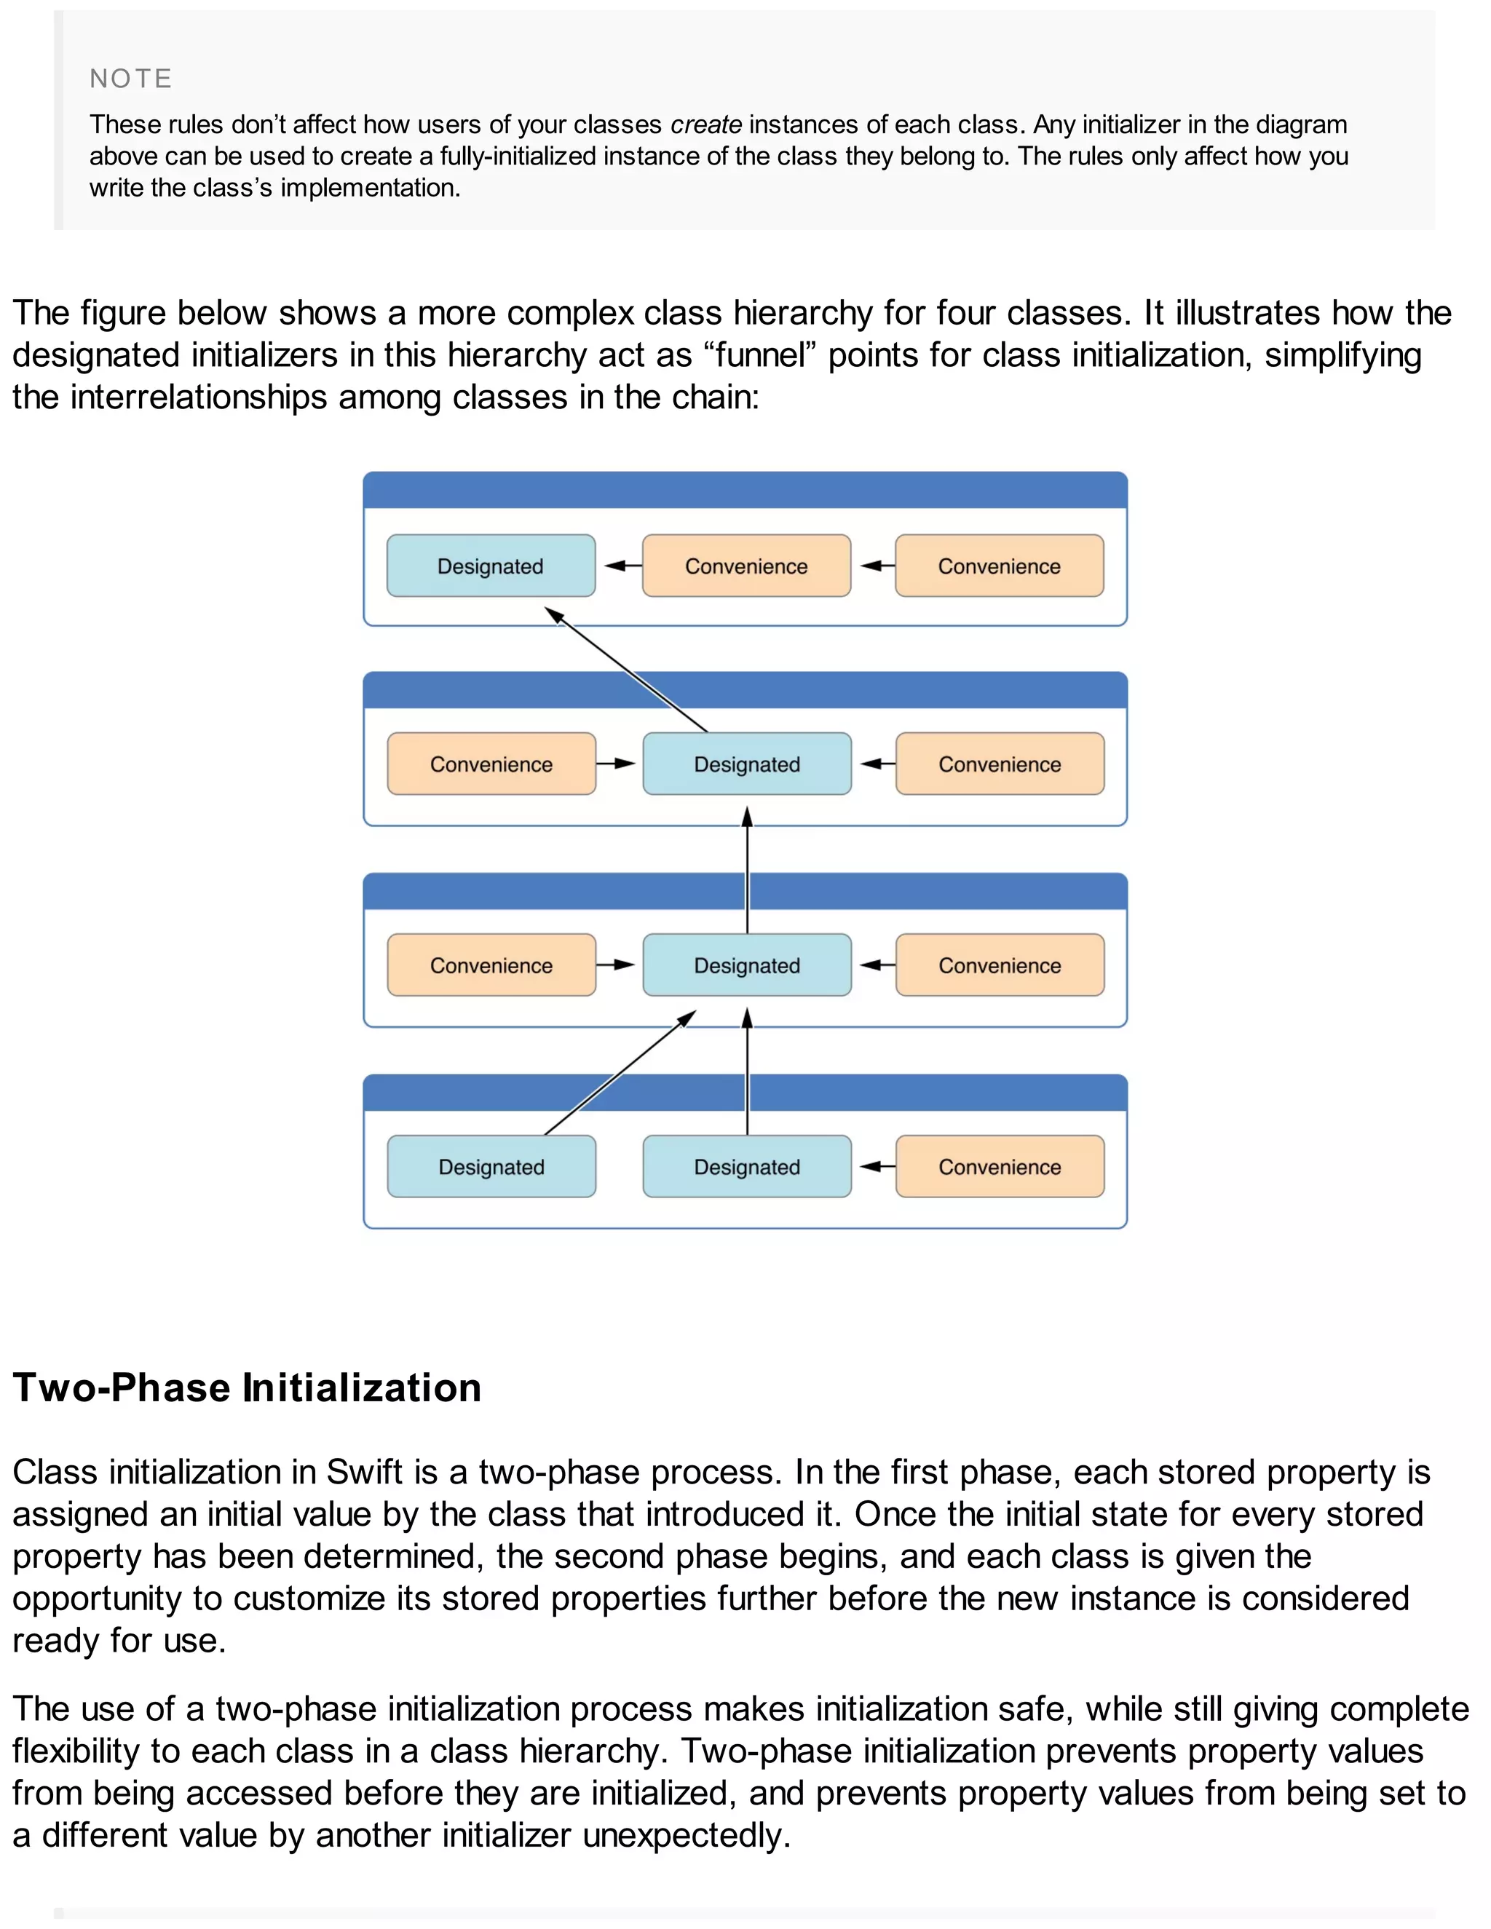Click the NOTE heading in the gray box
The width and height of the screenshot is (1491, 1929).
click(131, 79)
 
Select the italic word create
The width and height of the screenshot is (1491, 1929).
click(705, 124)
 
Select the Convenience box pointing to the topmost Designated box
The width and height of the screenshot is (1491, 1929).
click(746, 566)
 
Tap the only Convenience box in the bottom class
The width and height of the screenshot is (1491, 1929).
click(999, 1167)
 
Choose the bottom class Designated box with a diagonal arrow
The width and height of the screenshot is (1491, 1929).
click(491, 1167)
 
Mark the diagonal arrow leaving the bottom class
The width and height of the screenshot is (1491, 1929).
click(618, 1074)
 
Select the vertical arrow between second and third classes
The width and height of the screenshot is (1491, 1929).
click(747, 870)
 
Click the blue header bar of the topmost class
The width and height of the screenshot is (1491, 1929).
click(745, 490)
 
